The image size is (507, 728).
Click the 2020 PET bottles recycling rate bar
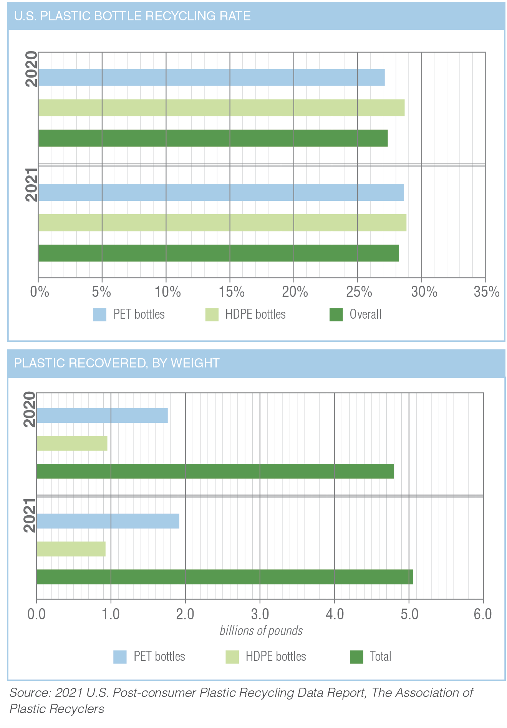tap(211, 77)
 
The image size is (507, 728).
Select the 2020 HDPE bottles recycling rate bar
tap(221, 108)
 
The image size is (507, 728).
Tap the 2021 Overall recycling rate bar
tap(218, 253)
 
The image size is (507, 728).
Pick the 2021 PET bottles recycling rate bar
tap(221, 192)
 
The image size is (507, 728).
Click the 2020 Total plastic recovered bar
tap(215, 471)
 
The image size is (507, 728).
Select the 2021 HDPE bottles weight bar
tap(71, 549)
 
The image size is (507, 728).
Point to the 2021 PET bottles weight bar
tap(108, 521)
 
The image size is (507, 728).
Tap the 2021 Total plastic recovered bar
tap(225, 577)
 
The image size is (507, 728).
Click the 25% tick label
tap(359, 292)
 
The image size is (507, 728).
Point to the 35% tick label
tap(486, 292)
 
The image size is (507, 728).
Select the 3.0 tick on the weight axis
tap(260, 614)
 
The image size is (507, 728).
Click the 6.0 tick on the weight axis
tap(483, 614)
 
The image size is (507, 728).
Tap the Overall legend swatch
tap(336, 315)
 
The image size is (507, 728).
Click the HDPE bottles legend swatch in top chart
tap(212, 315)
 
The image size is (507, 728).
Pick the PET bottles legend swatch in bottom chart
tap(120, 657)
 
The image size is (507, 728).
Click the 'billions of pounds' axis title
tap(261, 631)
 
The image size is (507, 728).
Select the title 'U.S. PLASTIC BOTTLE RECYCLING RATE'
tap(133, 16)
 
